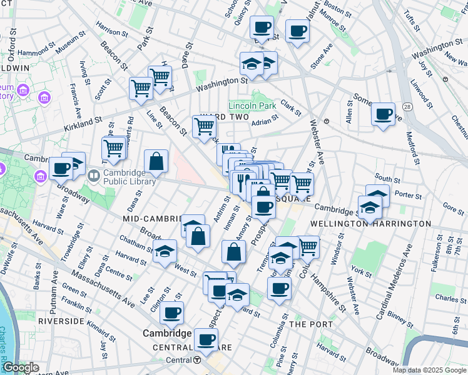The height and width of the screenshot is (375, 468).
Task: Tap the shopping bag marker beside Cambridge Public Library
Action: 156,162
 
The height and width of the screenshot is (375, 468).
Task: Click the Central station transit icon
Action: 197,360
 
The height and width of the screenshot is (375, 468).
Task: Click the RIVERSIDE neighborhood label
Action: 61,321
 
